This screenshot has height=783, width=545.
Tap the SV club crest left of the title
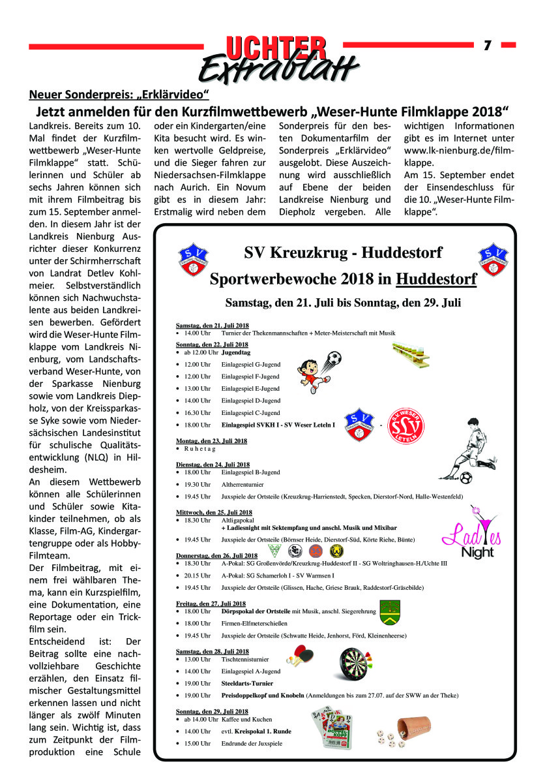193,260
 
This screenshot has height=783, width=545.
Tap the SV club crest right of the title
493,259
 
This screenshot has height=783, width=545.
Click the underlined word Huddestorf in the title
436,280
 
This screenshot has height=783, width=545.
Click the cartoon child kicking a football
314,373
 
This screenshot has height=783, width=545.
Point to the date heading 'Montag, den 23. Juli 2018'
211,441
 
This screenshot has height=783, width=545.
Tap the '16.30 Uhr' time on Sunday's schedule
197,412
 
